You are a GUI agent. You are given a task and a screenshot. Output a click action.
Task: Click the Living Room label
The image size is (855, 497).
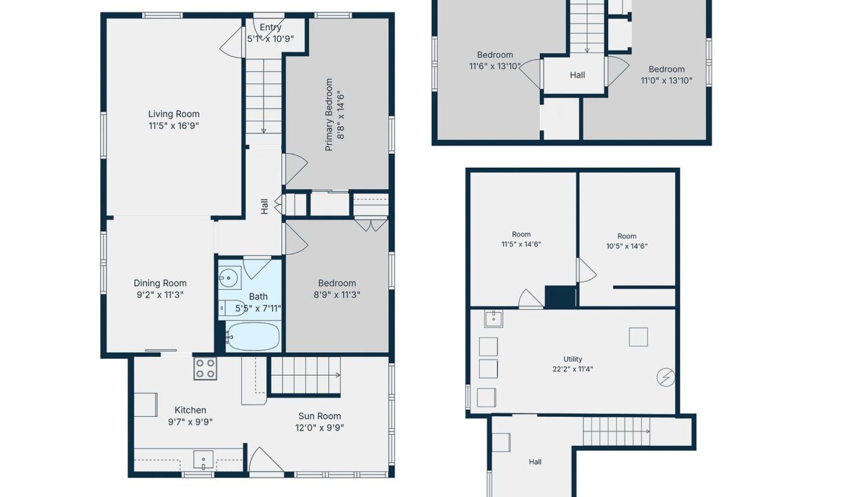(x=174, y=114)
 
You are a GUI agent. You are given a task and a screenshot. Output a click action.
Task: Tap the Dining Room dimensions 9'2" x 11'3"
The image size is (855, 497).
(x=160, y=295)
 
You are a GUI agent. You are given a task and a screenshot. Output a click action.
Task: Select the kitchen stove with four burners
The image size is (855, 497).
(x=205, y=368)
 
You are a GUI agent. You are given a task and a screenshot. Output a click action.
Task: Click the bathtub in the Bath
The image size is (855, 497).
(x=252, y=337)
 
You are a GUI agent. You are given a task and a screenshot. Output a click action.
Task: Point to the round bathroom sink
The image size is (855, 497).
(x=230, y=277)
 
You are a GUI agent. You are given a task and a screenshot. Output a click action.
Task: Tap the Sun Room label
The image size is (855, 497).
(x=319, y=416)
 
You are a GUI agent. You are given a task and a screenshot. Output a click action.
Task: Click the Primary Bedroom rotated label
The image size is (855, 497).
(x=329, y=115)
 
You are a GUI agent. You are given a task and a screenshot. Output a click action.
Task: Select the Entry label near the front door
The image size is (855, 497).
(x=270, y=27)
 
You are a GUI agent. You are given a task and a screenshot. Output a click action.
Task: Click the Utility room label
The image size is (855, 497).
(x=572, y=359)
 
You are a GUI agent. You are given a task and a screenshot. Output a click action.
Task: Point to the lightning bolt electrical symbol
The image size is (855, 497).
(x=665, y=378)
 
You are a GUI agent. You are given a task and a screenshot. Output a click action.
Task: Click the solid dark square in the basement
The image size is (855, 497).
(x=561, y=296)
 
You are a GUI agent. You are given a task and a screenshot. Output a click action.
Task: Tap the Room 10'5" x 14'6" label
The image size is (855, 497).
(x=627, y=241)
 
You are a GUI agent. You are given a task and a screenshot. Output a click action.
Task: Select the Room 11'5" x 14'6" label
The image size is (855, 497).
(x=521, y=239)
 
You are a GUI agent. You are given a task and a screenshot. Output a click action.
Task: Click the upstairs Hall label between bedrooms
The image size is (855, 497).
(x=577, y=75)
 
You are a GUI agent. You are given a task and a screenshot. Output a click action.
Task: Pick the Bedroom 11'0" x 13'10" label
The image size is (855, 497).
(x=667, y=75)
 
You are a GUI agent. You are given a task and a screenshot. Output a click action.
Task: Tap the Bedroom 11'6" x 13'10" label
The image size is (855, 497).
(x=494, y=60)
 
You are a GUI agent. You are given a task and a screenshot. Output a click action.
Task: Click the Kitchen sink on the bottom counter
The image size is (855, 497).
(x=203, y=460)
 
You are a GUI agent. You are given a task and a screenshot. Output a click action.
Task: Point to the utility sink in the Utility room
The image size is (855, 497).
(x=494, y=319)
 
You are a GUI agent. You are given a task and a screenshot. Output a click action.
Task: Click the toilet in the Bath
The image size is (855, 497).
(x=232, y=308)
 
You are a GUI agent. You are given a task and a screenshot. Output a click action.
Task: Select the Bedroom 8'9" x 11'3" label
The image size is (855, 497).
(x=336, y=289)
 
